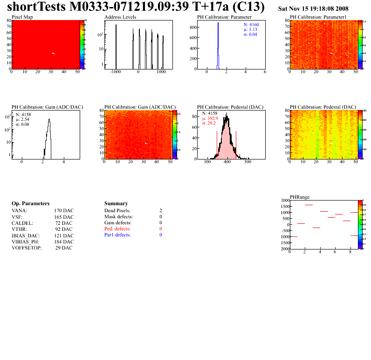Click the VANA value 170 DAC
click(x=64, y=211)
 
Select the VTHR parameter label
click(x=20, y=229)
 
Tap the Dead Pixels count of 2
click(x=160, y=211)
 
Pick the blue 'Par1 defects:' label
click(x=117, y=235)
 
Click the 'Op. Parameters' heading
click(x=30, y=204)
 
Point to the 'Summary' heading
click(x=116, y=204)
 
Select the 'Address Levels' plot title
click(x=120, y=17)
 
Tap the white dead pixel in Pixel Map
click(x=54, y=53)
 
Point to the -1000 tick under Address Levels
click(x=116, y=73)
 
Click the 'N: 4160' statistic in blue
click(x=251, y=24)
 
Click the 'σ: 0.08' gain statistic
click(x=23, y=125)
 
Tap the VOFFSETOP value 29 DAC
click(x=64, y=248)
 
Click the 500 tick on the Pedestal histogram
click(x=248, y=163)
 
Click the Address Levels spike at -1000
click(x=116, y=47)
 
